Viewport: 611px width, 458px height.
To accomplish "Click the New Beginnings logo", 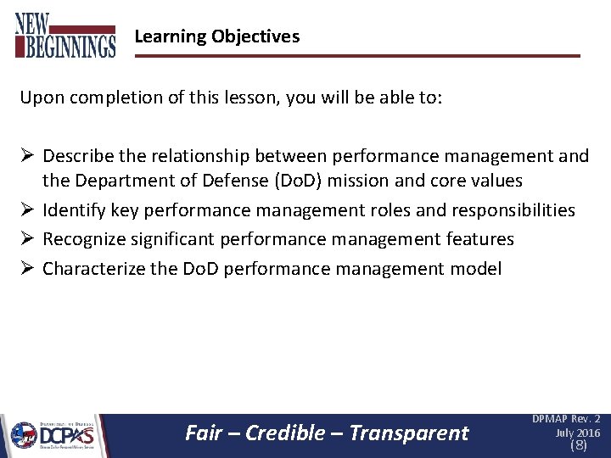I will point(64,36).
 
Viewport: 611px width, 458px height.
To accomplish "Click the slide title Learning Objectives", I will point(216,36).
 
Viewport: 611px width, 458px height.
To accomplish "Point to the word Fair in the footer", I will point(204,433).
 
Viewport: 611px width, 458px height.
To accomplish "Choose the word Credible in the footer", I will point(288,433).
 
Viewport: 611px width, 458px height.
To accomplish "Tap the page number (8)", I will point(578,445).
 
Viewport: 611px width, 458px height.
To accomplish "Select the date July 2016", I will point(577,433).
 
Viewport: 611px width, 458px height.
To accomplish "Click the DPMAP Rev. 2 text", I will point(566,419).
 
